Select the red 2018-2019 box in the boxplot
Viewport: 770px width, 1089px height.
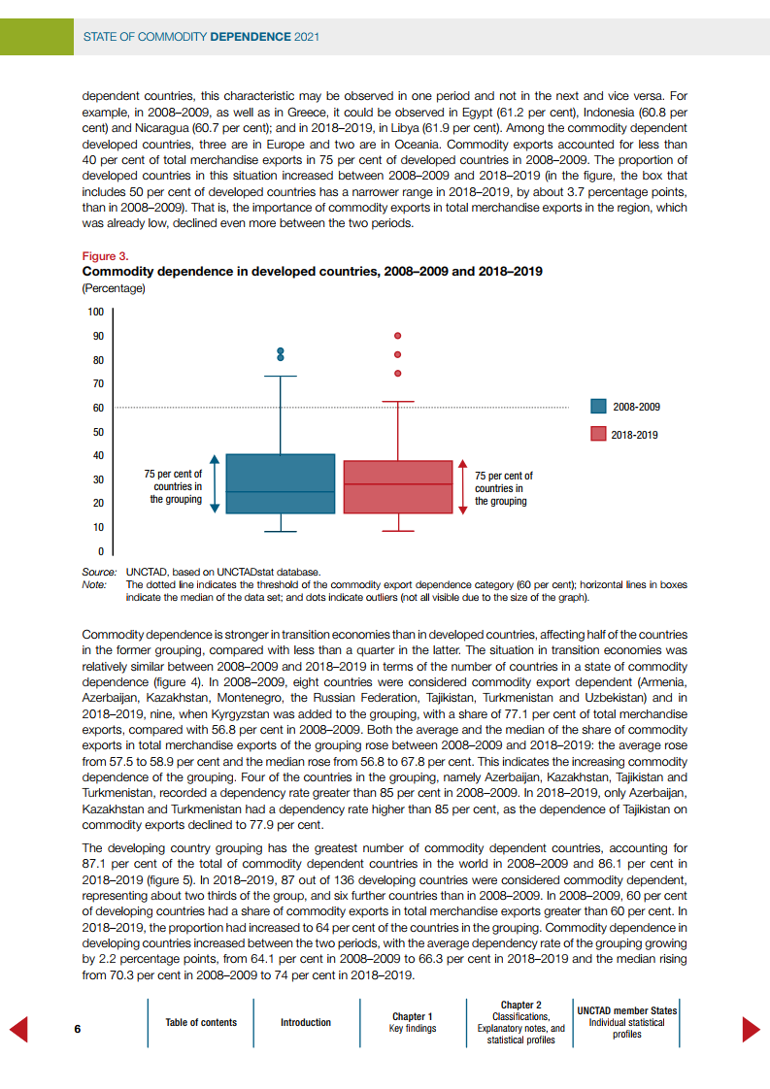[398, 486]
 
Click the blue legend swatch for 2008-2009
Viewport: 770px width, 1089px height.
[599, 407]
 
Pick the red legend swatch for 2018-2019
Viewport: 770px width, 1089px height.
[599, 434]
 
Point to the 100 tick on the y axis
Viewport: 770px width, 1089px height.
[95, 313]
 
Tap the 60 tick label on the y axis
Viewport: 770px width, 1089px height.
[97, 408]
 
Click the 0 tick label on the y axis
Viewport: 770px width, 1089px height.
[100, 551]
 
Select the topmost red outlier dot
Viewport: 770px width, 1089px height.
[397, 336]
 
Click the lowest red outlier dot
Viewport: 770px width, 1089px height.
[397, 373]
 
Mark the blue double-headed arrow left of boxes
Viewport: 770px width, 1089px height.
[216, 483]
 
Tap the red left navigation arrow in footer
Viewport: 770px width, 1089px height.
[18, 1029]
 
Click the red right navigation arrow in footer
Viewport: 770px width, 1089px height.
[751, 1029]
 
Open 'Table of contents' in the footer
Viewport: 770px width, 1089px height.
[201, 1022]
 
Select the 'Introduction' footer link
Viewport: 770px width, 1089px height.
[306, 1022]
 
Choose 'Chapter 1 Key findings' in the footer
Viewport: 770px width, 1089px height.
[413, 1022]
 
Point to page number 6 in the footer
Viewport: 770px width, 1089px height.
[77, 1028]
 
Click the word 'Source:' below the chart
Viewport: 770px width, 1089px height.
[99, 572]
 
